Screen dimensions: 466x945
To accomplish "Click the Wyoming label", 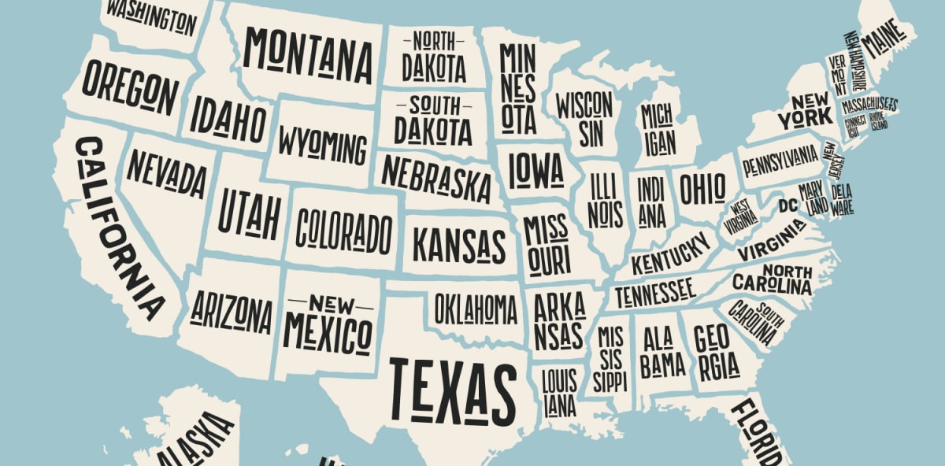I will point(322,146).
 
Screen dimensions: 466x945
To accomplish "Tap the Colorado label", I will point(343,230).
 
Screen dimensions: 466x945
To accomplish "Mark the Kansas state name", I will point(459,246).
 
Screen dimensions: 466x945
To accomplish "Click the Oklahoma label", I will point(476,309).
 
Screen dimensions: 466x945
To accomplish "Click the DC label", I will point(787,205).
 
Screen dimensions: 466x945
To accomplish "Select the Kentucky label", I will point(670,253).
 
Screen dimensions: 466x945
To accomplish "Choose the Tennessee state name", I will point(654,293).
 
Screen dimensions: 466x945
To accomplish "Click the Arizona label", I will point(231,313).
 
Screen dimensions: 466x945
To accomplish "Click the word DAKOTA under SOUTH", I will point(432,130).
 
